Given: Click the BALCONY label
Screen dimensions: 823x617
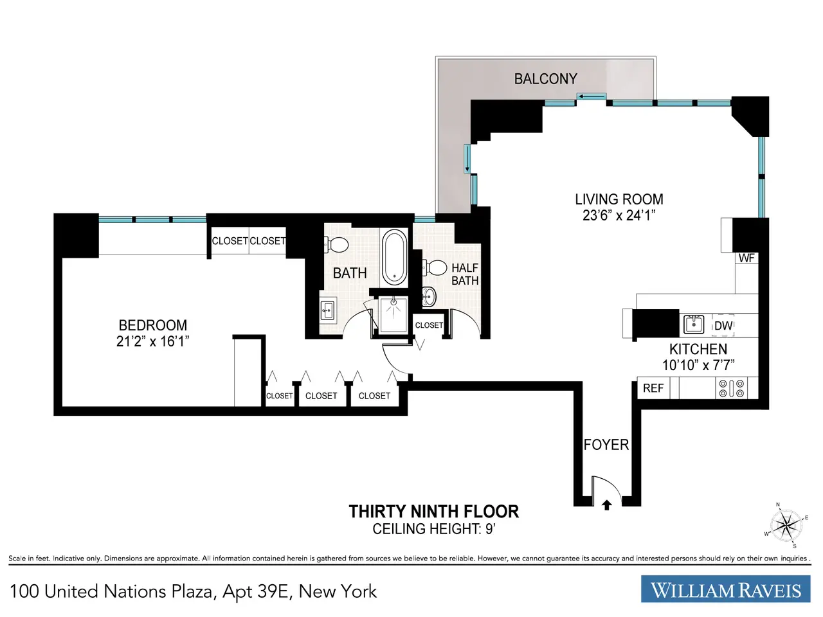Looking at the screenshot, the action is point(545,79).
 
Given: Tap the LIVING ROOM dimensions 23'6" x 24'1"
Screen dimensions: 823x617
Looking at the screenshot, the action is point(619,215).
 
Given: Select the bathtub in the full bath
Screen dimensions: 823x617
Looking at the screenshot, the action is point(394,257).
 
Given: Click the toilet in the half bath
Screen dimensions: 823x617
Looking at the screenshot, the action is point(435,267).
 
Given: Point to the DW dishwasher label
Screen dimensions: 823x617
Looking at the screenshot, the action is point(723,326).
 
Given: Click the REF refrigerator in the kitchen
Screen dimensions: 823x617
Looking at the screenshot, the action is point(653,388).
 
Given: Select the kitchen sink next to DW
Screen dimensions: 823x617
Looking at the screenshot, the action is point(694,325).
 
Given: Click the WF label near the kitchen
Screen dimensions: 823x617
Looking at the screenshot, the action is point(746,258).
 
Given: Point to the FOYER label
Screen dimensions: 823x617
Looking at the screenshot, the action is point(606,445).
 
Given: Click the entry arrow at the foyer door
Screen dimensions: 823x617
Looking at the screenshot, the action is point(607,505).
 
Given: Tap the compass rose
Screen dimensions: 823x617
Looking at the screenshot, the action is point(786,525).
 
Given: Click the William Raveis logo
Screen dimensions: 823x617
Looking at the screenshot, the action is point(725,589).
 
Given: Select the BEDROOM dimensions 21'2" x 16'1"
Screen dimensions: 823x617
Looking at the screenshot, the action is point(152,342).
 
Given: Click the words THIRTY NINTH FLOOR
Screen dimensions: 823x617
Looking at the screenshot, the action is point(434,512).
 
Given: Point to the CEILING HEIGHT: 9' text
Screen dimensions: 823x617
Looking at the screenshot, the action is point(434,529).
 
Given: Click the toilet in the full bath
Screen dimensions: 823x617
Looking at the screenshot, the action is point(336,245).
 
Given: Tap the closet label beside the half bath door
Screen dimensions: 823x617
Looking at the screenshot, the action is point(429,325).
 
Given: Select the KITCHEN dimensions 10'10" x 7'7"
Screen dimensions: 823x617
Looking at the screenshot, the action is point(698,365).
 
